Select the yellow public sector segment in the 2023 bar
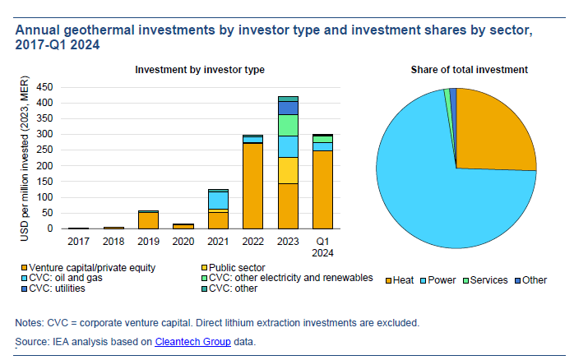coord(288,170)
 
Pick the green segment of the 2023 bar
coord(288,125)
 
